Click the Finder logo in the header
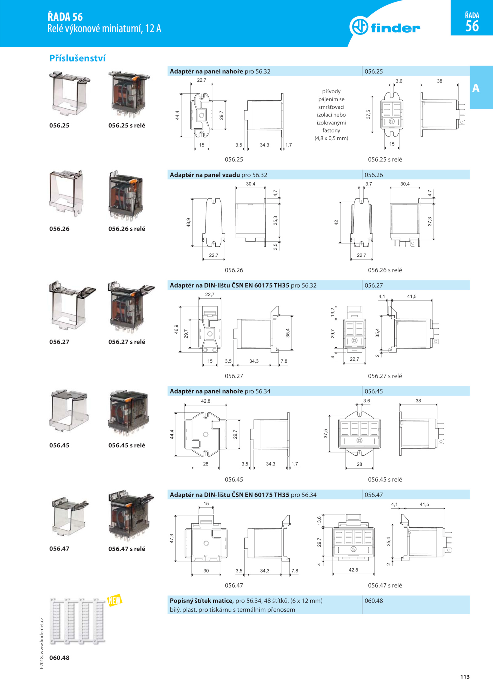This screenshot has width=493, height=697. (x=385, y=27)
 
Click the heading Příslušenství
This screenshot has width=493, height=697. (x=77, y=58)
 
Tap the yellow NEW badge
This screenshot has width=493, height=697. (x=115, y=600)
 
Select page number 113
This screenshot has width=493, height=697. (x=465, y=677)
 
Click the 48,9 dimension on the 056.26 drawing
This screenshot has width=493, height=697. (x=188, y=222)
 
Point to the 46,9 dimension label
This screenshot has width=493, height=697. (x=176, y=329)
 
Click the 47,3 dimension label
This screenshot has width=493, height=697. (x=172, y=538)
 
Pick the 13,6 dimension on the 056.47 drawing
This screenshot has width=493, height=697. (x=319, y=520)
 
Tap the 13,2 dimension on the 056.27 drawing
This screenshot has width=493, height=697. (x=332, y=312)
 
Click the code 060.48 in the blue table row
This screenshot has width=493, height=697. (x=374, y=601)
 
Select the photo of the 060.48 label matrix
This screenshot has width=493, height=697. (x=78, y=621)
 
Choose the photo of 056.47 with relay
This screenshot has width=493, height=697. (x=131, y=516)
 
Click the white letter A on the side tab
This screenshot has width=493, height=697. (x=476, y=88)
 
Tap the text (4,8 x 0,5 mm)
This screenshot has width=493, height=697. (x=331, y=138)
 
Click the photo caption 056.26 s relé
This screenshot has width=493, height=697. (x=127, y=229)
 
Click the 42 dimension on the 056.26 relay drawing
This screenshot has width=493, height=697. (x=336, y=222)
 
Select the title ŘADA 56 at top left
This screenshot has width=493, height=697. (x=65, y=16)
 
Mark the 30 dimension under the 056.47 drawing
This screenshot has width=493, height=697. (x=206, y=570)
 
